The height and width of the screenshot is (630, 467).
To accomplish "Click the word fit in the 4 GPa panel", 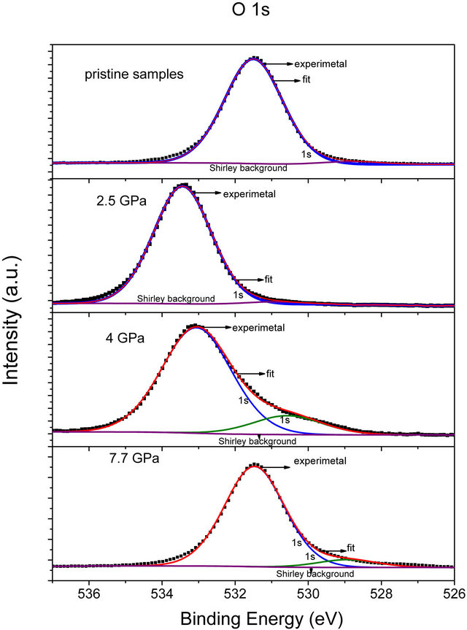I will (269, 374).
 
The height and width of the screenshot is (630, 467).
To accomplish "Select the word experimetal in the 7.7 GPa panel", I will (320, 461).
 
